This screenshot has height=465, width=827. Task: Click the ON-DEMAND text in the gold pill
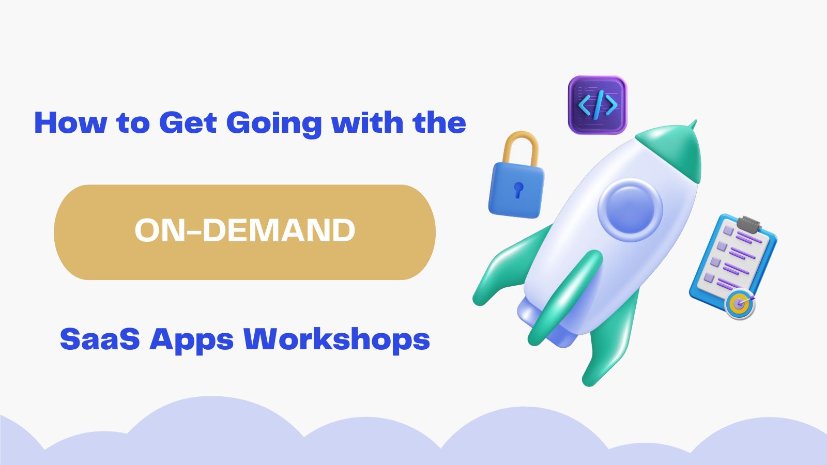point(245,230)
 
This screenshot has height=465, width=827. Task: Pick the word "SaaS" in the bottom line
point(100,339)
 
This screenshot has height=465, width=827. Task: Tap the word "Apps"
point(191,341)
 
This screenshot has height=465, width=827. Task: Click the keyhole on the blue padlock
point(518,190)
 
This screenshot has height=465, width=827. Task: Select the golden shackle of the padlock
point(520,148)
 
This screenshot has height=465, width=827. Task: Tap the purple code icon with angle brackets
point(598,105)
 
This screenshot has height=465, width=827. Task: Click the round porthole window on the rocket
point(630,210)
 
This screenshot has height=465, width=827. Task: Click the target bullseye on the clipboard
point(740,304)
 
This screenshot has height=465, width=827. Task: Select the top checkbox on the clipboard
point(728,230)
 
